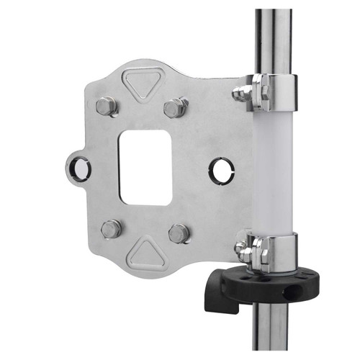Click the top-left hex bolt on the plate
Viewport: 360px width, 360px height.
click(107, 107)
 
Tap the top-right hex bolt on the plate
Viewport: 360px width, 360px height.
click(175, 108)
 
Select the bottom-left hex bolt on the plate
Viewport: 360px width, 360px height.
click(111, 229)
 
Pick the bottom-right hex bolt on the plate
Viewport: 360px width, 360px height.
click(178, 233)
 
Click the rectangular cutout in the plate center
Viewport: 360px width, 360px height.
click(145, 167)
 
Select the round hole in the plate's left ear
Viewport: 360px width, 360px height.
click(78, 168)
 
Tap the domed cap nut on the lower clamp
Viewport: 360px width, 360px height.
click(240, 248)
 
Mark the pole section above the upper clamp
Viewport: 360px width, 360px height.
click(274, 36)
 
